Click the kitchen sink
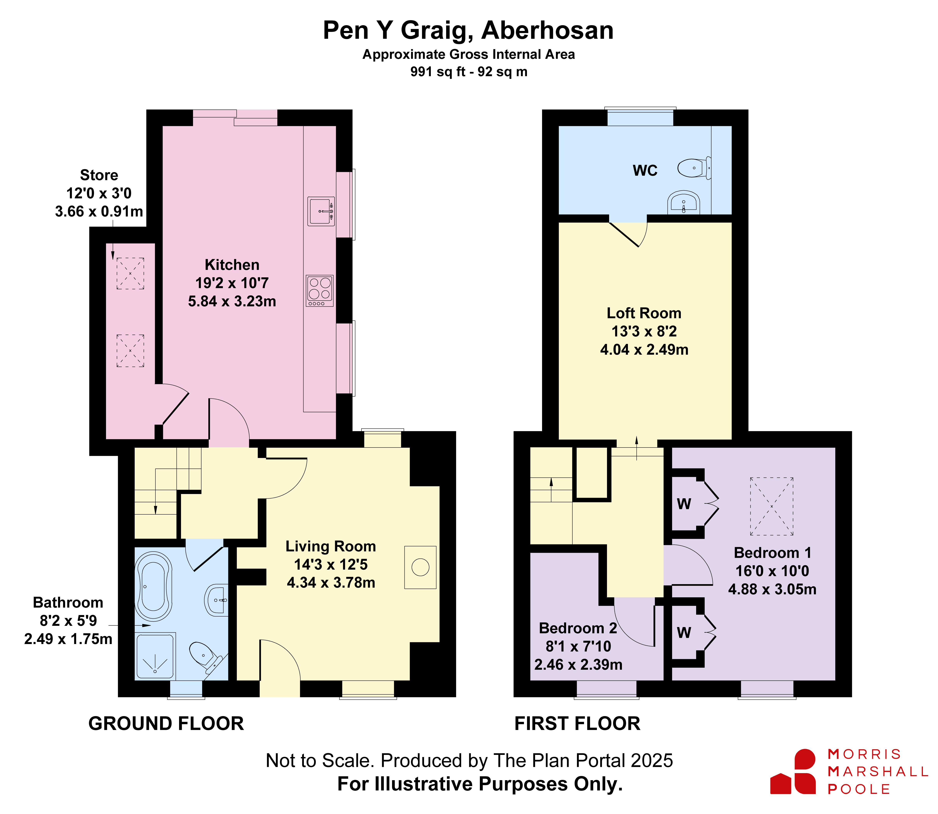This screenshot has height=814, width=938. pyautogui.click(x=321, y=211)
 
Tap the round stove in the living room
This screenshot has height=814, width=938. pyautogui.click(x=420, y=567)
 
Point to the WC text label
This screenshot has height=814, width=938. pyautogui.click(x=645, y=170)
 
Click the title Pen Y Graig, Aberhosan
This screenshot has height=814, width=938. pyautogui.click(x=468, y=30)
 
